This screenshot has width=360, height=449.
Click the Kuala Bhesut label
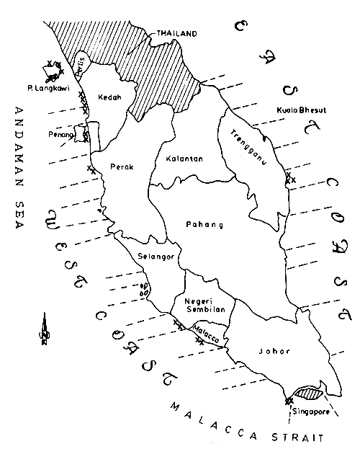pos(297,110)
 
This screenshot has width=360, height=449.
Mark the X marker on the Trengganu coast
pos(289,177)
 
